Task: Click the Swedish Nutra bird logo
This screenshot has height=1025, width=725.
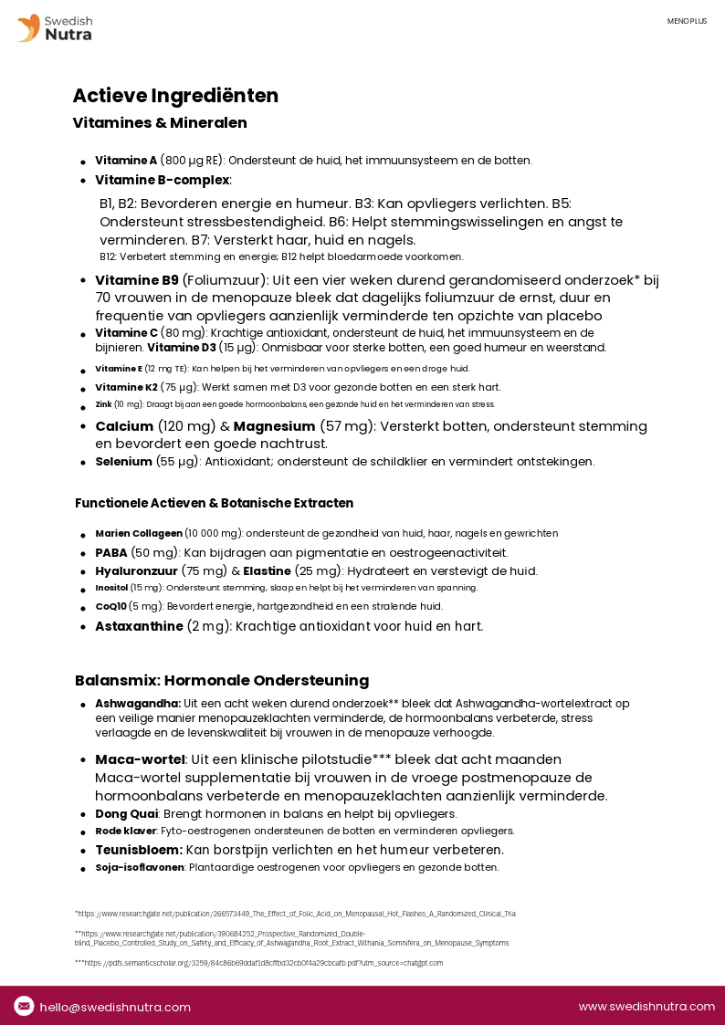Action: click(28, 27)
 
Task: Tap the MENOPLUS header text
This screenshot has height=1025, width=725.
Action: click(687, 21)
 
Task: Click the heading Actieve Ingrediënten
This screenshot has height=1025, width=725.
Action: click(175, 96)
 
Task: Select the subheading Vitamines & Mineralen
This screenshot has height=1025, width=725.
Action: click(160, 122)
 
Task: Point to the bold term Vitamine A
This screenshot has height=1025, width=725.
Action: click(126, 161)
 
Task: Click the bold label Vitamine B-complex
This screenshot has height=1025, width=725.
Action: click(163, 180)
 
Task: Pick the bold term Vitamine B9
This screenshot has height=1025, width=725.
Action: click(137, 280)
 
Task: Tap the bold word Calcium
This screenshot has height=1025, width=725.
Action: click(124, 426)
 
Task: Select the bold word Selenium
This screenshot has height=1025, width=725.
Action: click(123, 462)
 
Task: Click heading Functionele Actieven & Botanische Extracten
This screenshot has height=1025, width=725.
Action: click(214, 503)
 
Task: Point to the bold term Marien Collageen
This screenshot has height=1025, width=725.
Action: click(139, 533)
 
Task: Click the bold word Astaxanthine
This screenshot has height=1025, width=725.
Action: click(139, 626)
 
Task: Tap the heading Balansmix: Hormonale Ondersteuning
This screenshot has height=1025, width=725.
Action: click(222, 681)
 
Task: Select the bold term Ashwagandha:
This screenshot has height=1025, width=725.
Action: click(138, 704)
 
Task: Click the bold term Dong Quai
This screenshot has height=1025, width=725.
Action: click(127, 813)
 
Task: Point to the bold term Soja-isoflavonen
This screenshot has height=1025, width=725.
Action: click(140, 867)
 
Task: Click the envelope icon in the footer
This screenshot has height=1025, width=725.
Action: click(25, 1006)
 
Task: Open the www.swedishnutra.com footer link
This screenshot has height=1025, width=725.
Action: click(646, 1007)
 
